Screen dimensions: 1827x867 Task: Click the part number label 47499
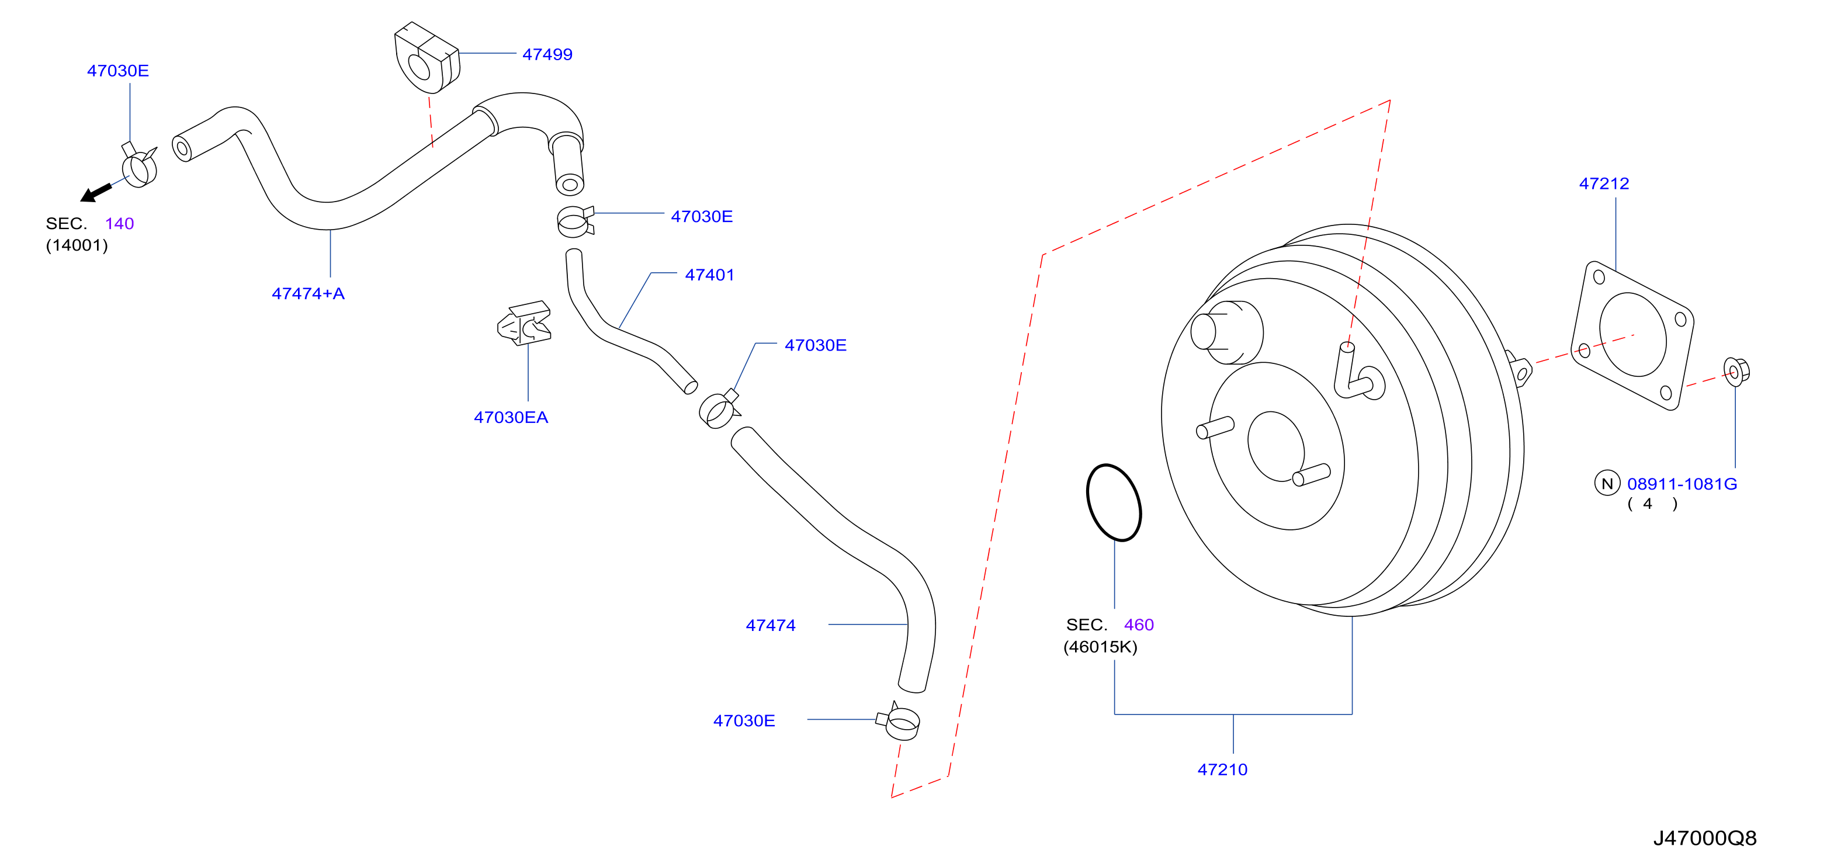point(547,54)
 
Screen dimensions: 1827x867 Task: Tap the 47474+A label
point(308,293)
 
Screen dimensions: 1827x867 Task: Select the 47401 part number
point(709,275)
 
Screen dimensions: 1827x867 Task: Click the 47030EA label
point(511,418)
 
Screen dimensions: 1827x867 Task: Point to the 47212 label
point(1604,183)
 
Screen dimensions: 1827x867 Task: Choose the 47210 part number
point(1222,770)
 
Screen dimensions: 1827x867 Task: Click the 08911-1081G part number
point(1682,484)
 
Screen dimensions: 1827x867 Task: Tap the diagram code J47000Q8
point(1704,838)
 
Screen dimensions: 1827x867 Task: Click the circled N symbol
point(1607,484)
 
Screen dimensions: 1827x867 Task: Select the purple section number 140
point(119,224)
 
